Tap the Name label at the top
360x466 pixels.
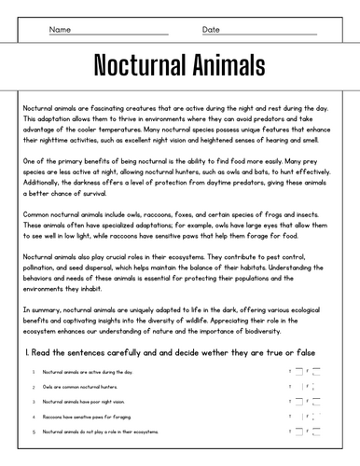[x=60, y=30]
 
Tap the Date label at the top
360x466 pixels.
[x=211, y=30]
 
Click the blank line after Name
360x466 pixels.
[x=131, y=34]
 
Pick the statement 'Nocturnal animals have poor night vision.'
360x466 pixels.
[x=85, y=402]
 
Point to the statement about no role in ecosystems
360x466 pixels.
[x=94, y=432]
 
